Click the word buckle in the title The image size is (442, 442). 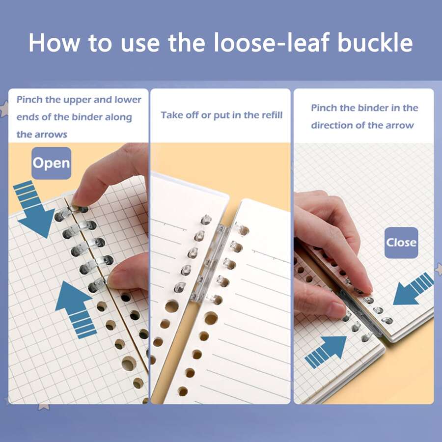coord(375,43)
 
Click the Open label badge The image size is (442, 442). coord(52,163)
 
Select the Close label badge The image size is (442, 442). coord(401,243)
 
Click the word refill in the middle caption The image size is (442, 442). coord(269,115)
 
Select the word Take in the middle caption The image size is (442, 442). coord(171,115)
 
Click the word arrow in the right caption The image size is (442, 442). coord(400,125)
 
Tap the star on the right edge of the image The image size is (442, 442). coord(438,269)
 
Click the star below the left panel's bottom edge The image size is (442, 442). coord(43,407)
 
